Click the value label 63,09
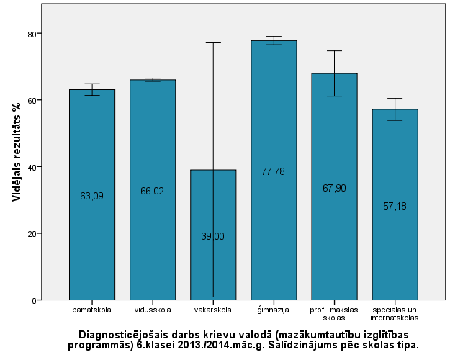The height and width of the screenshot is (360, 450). pos(91,196)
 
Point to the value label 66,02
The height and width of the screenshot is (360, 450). pos(153,191)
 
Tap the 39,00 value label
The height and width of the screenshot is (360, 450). pos(213,236)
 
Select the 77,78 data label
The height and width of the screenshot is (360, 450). pos(274,171)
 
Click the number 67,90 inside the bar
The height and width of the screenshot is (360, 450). pos(334,188)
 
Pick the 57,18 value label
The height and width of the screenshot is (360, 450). pos(395,206)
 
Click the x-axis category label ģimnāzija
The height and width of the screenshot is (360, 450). pos(274,310)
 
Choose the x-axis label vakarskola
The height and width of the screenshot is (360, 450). pos(213,310)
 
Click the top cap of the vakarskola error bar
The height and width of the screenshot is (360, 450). pos(213,42)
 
